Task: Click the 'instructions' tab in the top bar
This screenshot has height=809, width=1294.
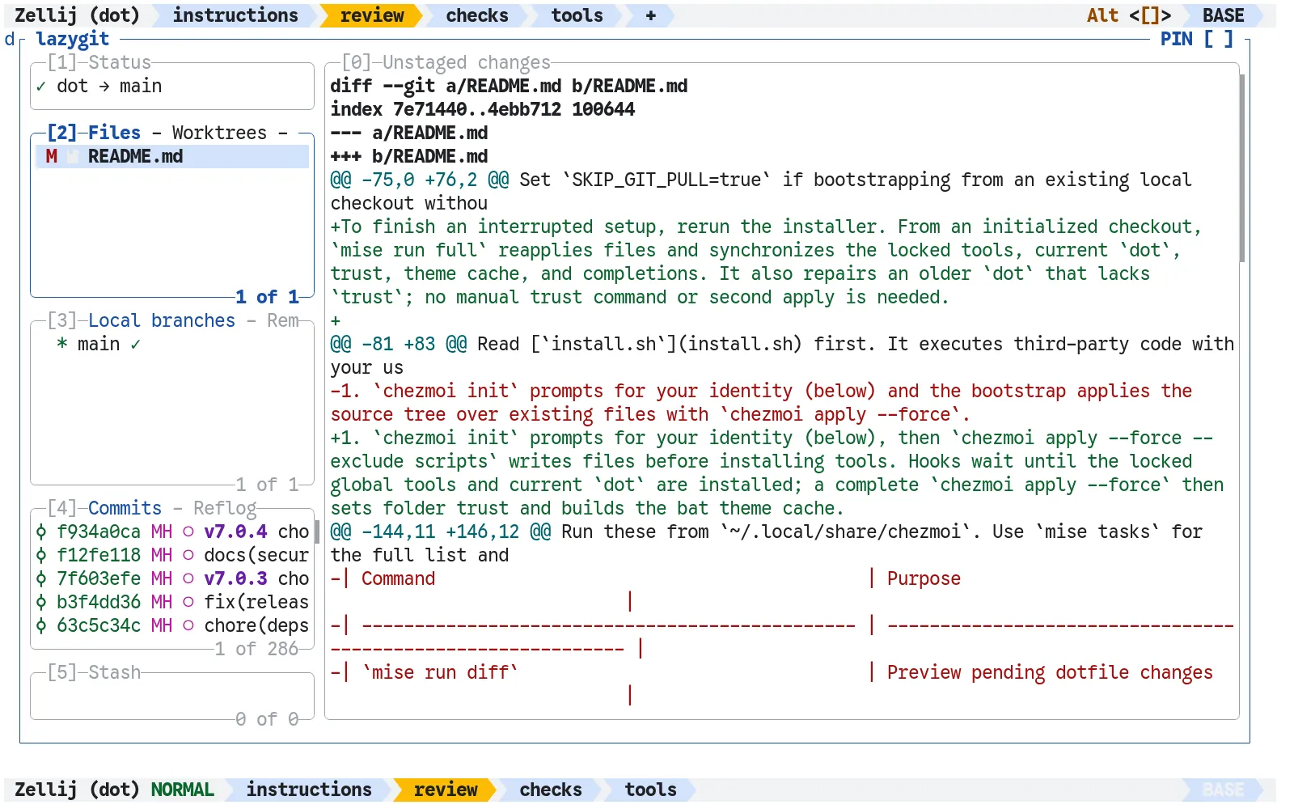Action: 235,15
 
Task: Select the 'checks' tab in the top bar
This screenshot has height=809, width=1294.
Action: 476,15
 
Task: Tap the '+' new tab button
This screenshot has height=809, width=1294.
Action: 650,15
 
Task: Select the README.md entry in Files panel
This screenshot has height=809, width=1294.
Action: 135,157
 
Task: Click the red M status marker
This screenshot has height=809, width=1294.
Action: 52,157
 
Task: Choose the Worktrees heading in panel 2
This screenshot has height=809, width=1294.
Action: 219,133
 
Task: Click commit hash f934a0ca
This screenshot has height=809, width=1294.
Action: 99,532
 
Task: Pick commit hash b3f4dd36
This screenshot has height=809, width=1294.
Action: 99,602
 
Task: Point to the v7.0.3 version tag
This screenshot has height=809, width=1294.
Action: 235,578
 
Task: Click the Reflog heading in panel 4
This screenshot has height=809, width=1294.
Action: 225,508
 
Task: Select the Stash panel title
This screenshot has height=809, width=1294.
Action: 114,672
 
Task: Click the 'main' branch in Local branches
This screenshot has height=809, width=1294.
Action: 99,345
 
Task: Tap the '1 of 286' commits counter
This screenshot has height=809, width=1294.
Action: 256,649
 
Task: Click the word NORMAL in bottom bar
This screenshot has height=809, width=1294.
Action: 183,790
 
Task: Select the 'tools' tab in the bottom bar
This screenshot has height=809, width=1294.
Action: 650,790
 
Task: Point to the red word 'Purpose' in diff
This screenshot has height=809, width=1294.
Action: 924,578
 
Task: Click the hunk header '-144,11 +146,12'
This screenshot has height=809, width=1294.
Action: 440,532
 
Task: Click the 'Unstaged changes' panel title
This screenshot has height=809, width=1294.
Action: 467,62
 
